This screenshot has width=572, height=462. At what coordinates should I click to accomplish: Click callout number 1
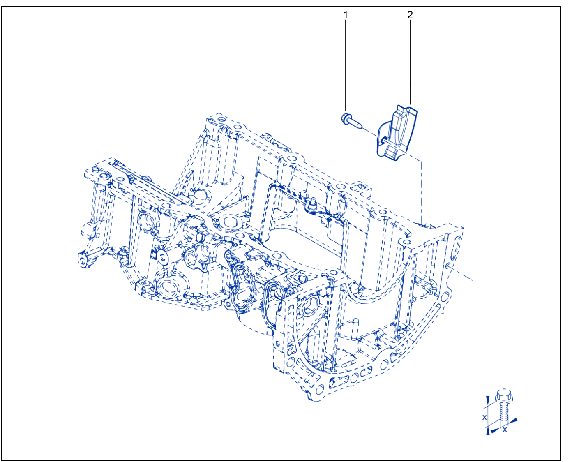pos(345,15)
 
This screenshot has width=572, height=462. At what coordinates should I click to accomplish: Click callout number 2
pos(410,15)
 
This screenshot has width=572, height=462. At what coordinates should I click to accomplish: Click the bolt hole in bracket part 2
pos(385,139)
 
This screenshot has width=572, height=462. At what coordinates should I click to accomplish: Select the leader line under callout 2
pos(410,63)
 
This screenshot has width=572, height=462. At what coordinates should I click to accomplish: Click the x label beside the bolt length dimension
pos(484,418)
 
